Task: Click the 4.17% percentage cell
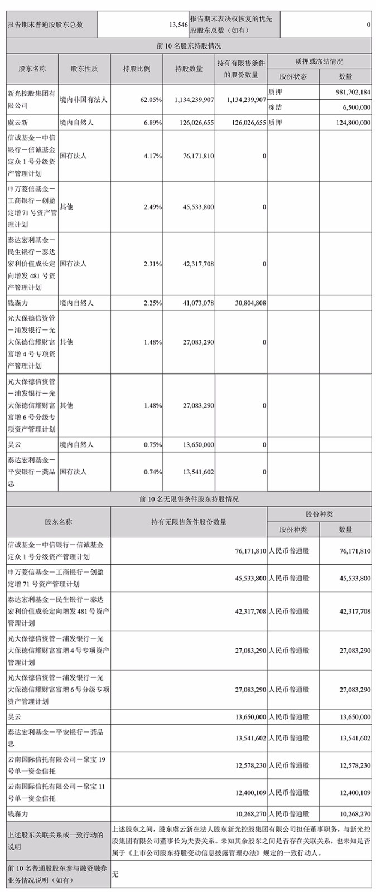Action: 153,156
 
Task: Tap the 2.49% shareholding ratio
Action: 153,207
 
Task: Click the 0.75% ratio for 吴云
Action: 153,445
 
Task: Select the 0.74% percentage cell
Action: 153,472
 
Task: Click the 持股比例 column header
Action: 137,69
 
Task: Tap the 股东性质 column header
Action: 84,69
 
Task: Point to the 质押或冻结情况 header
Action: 319,61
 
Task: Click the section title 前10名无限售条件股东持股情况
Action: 189,499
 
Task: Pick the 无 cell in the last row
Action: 115,874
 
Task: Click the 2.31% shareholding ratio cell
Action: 153,264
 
